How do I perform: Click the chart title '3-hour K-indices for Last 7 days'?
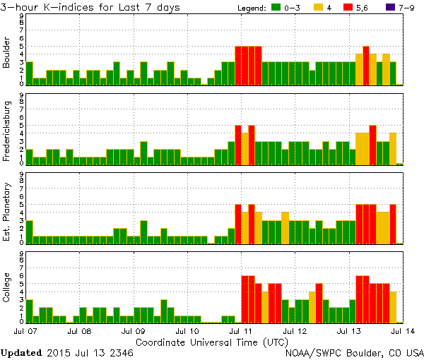pyautogui.click(x=90, y=7)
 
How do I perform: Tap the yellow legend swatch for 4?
pyautogui.click(x=319, y=8)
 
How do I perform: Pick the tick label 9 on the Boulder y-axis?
pyautogui.click(x=21, y=16)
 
